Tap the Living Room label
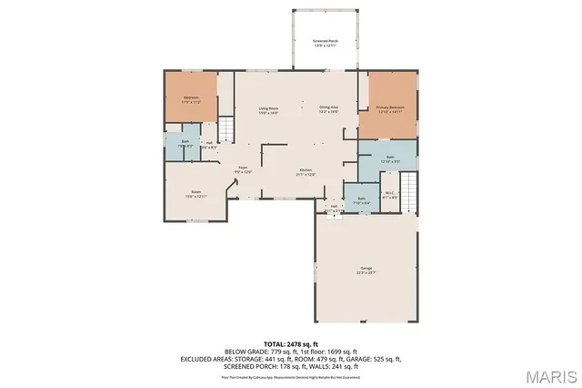point(266,108)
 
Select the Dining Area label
point(329,108)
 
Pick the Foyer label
point(244,168)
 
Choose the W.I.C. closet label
point(389,191)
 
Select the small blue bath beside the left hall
point(185,144)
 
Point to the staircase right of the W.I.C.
point(411,189)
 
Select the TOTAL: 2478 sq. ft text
point(289,342)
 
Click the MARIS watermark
point(544,373)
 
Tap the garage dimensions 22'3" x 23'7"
point(366,272)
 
